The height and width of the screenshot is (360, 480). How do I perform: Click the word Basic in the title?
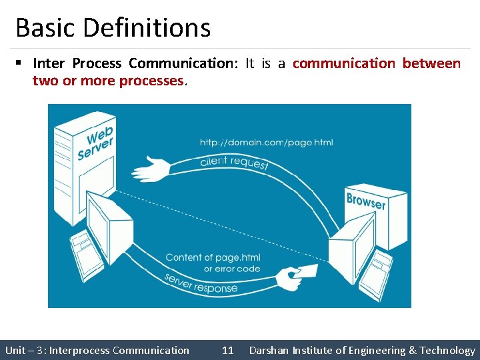pyautogui.click(x=43, y=28)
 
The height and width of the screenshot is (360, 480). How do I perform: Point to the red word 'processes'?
pyautogui.click(x=151, y=81)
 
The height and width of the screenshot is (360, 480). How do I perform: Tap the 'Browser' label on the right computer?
pyautogui.click(x=366, y=200)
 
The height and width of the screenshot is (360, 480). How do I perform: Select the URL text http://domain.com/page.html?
pyautogui.click(x=266, y=142)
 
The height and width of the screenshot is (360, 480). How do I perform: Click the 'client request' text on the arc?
pyautogui.click(x=234, y=162)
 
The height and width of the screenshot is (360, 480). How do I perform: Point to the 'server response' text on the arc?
pyautogui.click(x=201, y=283)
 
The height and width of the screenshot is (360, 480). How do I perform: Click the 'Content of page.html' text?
pyautogui.click(x=213, y=257)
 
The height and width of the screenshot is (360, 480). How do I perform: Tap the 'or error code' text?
pyautogui.click(x=231, y=269)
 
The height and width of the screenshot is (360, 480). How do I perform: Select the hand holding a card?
pyautogui.click(x=293, y=276)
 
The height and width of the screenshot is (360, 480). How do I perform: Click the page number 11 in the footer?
pyautogui.click(x=228, y=350)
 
